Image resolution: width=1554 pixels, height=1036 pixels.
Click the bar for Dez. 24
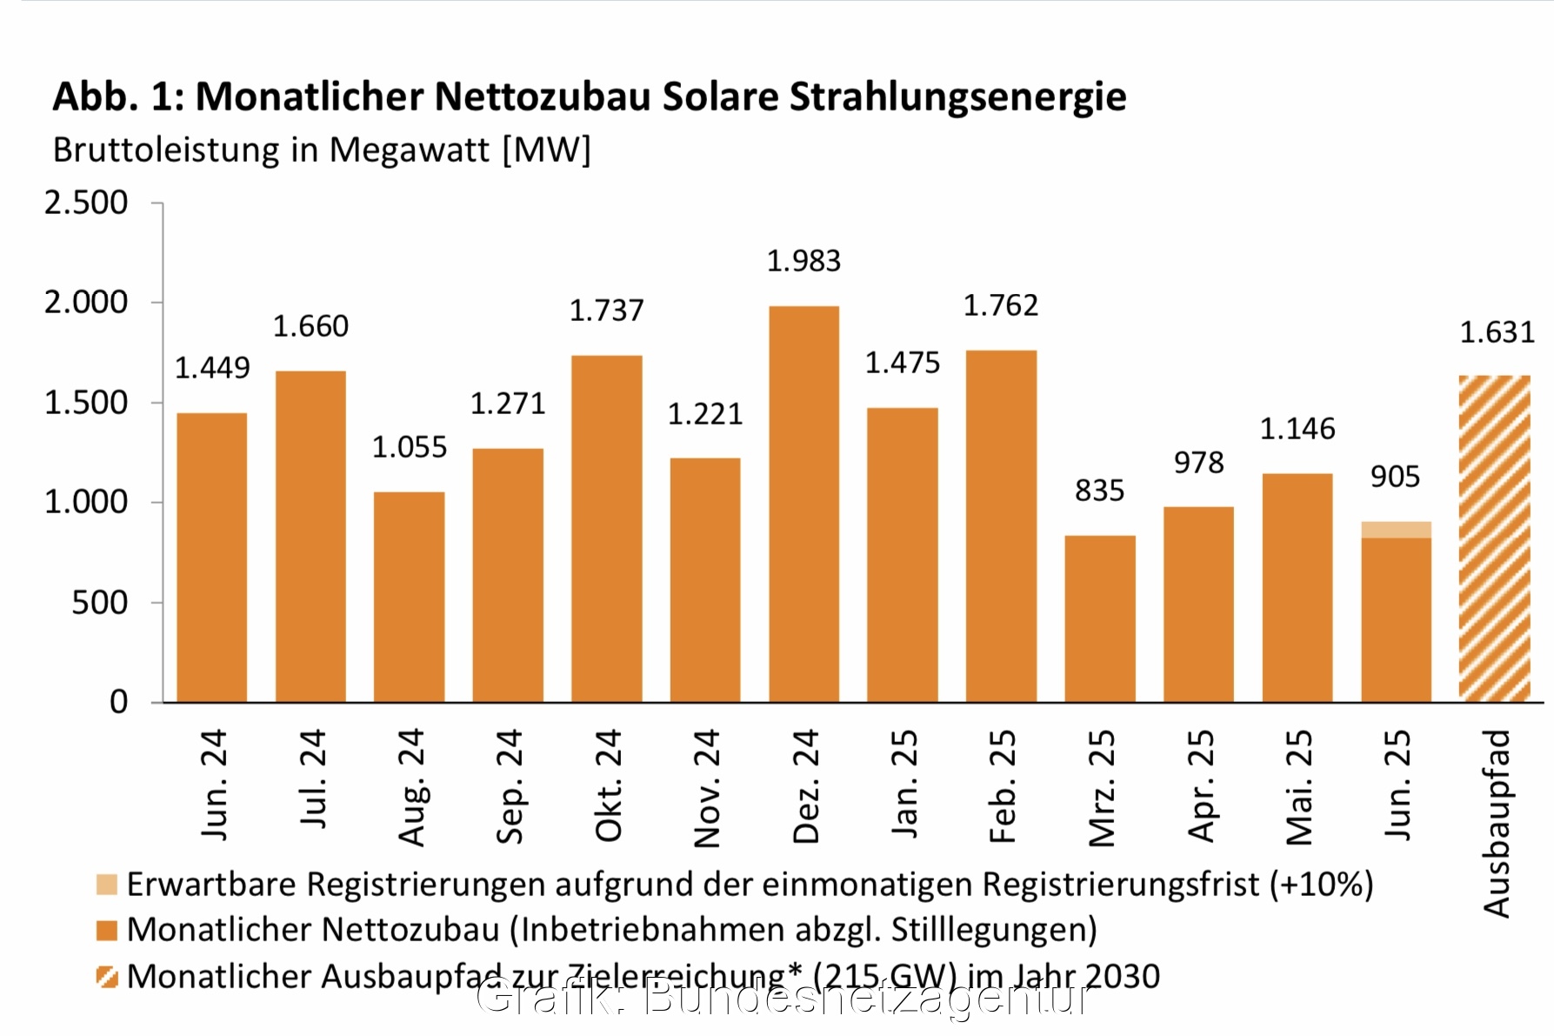click(x=804, y=505)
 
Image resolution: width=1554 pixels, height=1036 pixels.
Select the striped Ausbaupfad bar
click(x=1494, y=539)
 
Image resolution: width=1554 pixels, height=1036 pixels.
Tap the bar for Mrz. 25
click(x=1100, y=619)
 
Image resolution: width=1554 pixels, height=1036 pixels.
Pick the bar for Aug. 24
click(x=409, y=598)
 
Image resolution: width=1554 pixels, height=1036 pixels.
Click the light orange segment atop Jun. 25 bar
click(x=1396, y=530)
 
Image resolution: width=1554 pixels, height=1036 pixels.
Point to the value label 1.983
click(x=804, y=261)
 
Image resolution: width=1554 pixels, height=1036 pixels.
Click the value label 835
click(x=1099, y=491)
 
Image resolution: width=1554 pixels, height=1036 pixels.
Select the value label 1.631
click(x=1497, y=332)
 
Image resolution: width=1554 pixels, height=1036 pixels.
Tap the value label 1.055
click(x=409, y=447)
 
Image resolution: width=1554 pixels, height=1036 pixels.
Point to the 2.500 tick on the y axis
click(x=86, y=203)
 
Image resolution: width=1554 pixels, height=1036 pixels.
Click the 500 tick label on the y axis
click(x=99, y=602)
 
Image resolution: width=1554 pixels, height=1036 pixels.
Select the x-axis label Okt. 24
click(x=608, y=785)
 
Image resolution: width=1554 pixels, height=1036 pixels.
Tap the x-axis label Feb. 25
click(x=1002, y=785)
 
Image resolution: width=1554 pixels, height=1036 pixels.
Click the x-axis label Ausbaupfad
click(x=1497, y=823)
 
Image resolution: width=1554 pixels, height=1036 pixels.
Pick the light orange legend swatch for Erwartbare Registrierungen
click(x=107, y=885)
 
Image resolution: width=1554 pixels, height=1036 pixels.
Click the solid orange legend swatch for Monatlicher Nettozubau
click(x=107, y=931)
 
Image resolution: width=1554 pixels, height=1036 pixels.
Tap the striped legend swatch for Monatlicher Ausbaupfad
click(x=107, y=977)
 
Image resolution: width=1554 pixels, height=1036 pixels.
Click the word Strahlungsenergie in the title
click(x=957, y=97)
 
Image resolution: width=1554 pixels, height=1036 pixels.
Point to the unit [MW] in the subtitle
click(x=547, y=150)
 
